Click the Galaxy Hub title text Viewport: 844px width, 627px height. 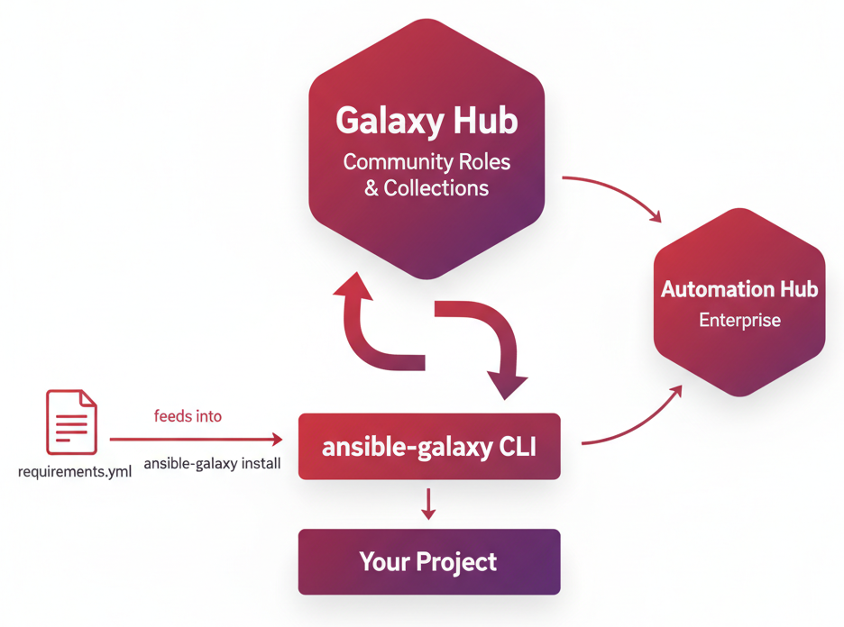(x=427, y=121)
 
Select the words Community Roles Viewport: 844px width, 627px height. (x=427, y=162)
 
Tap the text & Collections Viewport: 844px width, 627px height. (x=427, y=188)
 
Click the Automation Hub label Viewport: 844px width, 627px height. (x=738, y=289)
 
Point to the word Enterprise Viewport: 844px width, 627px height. (x=739, y=320)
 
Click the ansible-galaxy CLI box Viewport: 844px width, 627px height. (x=429, y=446)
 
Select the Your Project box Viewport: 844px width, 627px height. (x=429, y=562)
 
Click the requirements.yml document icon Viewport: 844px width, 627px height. (x=71, y=422)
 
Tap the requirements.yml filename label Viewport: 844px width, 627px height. (x=75, y=471)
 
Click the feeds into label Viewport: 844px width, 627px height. (x=188, y=416)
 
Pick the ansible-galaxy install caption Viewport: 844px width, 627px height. (x=212, y=464)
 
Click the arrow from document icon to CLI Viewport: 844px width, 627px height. (x=194, y=440)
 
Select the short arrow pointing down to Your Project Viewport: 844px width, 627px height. (x=428, y=504)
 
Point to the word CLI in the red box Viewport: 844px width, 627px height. (x=517, y=446)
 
